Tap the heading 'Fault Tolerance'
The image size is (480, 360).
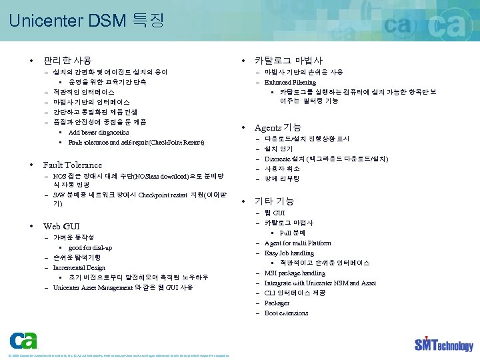click(x=73, y=165)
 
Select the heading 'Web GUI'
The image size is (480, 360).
click(x=61, y=226)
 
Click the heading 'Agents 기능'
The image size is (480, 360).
click(x=278, y=127)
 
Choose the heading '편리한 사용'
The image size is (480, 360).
click(x=67, y=61)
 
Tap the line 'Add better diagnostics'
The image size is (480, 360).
click(x=99, y=132)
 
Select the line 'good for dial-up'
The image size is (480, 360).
click(x=90, y=247)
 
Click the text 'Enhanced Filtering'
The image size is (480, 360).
click(x=291, y=82)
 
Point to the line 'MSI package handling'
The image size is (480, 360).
click(x=295, y=273)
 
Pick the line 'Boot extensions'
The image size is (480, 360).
click(x=286, y=313)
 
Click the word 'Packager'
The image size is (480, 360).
click(x=277, y=303)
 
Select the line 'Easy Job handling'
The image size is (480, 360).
click(x=289, y=253)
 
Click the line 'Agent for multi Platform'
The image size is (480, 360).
click(x=297, y=243)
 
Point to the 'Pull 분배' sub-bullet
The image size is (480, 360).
click(x=292, y=233)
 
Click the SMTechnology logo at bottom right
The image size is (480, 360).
click(x=443, y=345)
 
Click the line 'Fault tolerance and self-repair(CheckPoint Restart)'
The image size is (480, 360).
click(x=136, y=142)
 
